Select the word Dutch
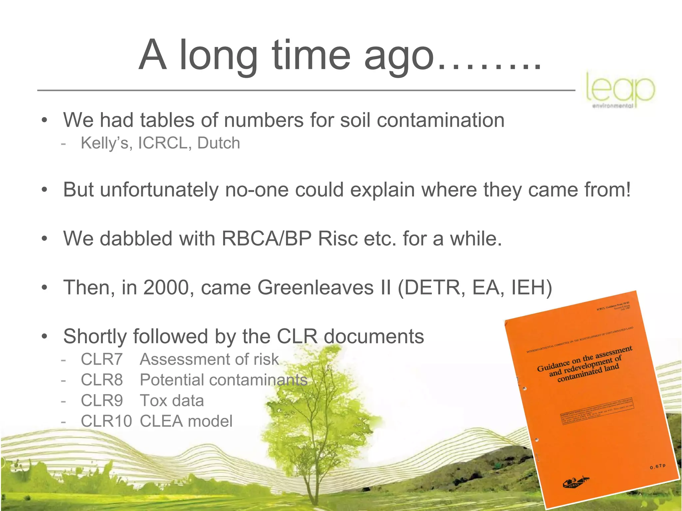click(x=218, y=143)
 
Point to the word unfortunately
click(x=159, y=190)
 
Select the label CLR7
click(x=102, y=360)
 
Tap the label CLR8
click(x=102, y=380)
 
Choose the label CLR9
click(x=102, y=401)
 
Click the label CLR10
click(x=106, y=422)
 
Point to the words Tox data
click(x=171, y=401)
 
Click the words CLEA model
click(x=186, y=422)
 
